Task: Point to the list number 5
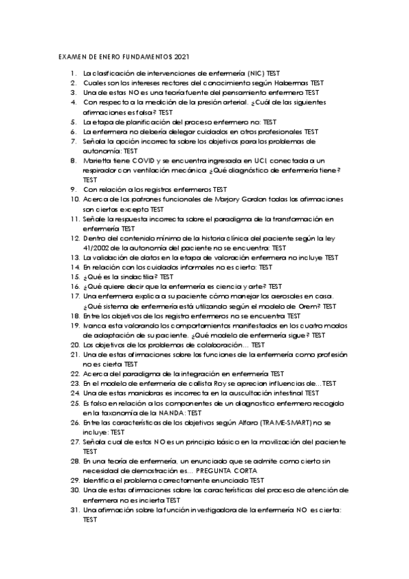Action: (x=72, y=122)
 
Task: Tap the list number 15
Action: (x=74, y=277)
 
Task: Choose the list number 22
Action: (x=74, y=374)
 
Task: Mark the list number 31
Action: (x=74, y=510)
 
